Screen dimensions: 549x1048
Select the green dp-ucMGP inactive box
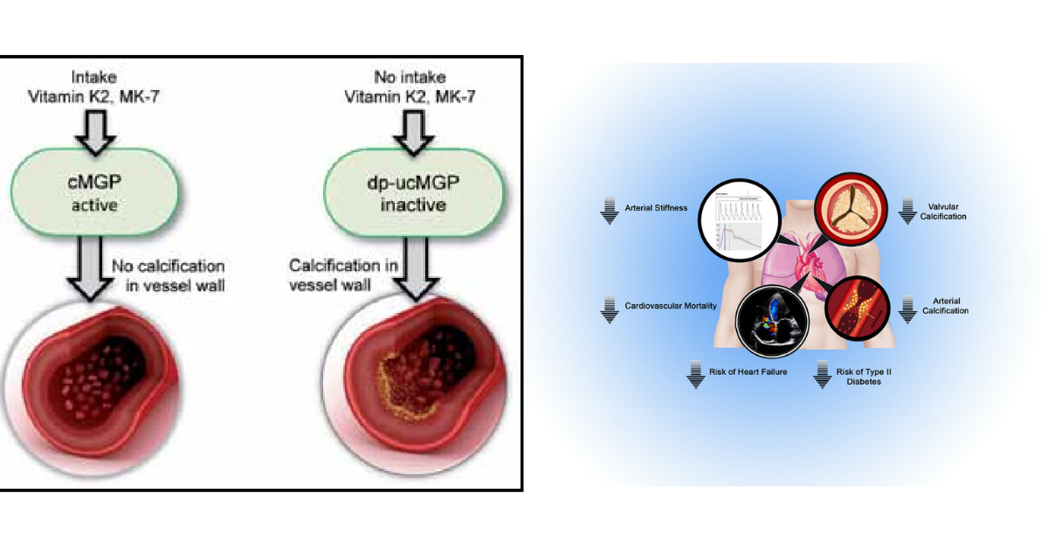tap(399, 196)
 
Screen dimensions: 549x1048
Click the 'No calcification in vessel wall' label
tap(168, 274)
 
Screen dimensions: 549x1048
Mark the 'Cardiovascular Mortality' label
tap(671, 307)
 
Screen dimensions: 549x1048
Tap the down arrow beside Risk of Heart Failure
tap(695, 374)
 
